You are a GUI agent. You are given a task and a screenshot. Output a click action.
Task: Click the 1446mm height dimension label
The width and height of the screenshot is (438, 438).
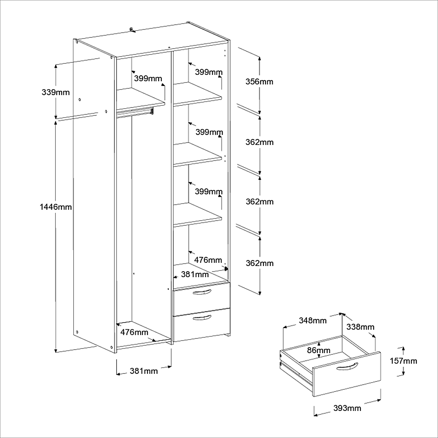[56, 207]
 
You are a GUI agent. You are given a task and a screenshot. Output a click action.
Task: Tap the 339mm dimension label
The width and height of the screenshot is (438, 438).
[56, 92]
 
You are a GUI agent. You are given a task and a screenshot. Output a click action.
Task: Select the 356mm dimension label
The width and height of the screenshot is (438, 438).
[259, 82]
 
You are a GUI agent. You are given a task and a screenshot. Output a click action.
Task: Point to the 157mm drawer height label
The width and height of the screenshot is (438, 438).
[403, 361]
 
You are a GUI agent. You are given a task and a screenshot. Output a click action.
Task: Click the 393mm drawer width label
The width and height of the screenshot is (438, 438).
[347, 408]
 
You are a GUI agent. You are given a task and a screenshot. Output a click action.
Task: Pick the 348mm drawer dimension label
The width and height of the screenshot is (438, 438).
[313, 321]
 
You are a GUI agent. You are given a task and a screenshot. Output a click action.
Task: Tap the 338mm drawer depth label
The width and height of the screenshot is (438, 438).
[360, 327]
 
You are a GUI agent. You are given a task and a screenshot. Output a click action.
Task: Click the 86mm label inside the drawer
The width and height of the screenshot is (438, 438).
[319, 350]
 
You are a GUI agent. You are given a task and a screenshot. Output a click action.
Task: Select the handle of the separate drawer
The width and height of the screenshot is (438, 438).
[347, 366]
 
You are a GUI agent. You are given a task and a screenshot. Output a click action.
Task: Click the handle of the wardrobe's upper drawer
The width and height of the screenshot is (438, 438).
[201, 293]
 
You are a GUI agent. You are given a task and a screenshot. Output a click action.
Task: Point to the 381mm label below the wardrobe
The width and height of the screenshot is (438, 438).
[144, 371]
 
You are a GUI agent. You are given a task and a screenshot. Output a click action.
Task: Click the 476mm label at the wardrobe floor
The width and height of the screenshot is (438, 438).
[134, 332]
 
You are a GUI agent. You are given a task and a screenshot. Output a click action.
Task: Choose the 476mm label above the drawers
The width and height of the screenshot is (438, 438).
[208, 260]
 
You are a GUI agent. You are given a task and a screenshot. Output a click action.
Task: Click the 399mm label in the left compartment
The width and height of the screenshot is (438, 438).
[148, 78]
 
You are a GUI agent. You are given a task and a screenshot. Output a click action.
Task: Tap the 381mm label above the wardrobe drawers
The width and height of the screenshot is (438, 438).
[195, 274]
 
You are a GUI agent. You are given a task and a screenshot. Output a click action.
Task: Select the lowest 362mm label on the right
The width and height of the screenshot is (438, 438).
[260, 263]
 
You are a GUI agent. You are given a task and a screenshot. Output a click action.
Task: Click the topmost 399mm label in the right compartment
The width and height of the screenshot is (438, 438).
[209, 72]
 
